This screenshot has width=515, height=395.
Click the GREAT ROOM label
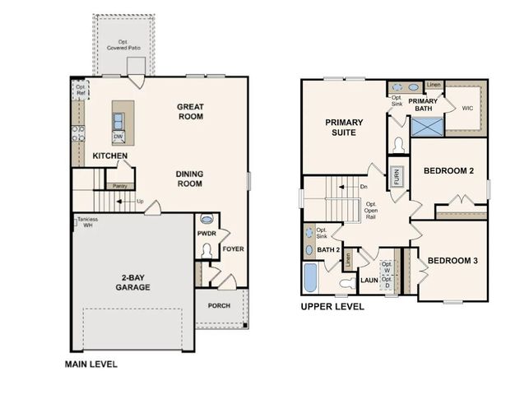click(190, 111)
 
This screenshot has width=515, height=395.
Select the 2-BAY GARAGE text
click(131, 282)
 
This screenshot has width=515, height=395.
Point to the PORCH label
click(219, 306)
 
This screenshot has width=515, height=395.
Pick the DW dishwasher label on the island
click(119, 137)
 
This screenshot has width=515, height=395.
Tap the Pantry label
click(120, 186)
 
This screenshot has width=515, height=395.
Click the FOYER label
click(233, 249)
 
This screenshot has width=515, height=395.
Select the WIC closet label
click(467, 107)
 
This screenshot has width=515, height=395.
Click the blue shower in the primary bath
click(427, 128)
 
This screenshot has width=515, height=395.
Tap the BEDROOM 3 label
click(453, 261)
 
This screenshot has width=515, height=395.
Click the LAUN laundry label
click(368, 281)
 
